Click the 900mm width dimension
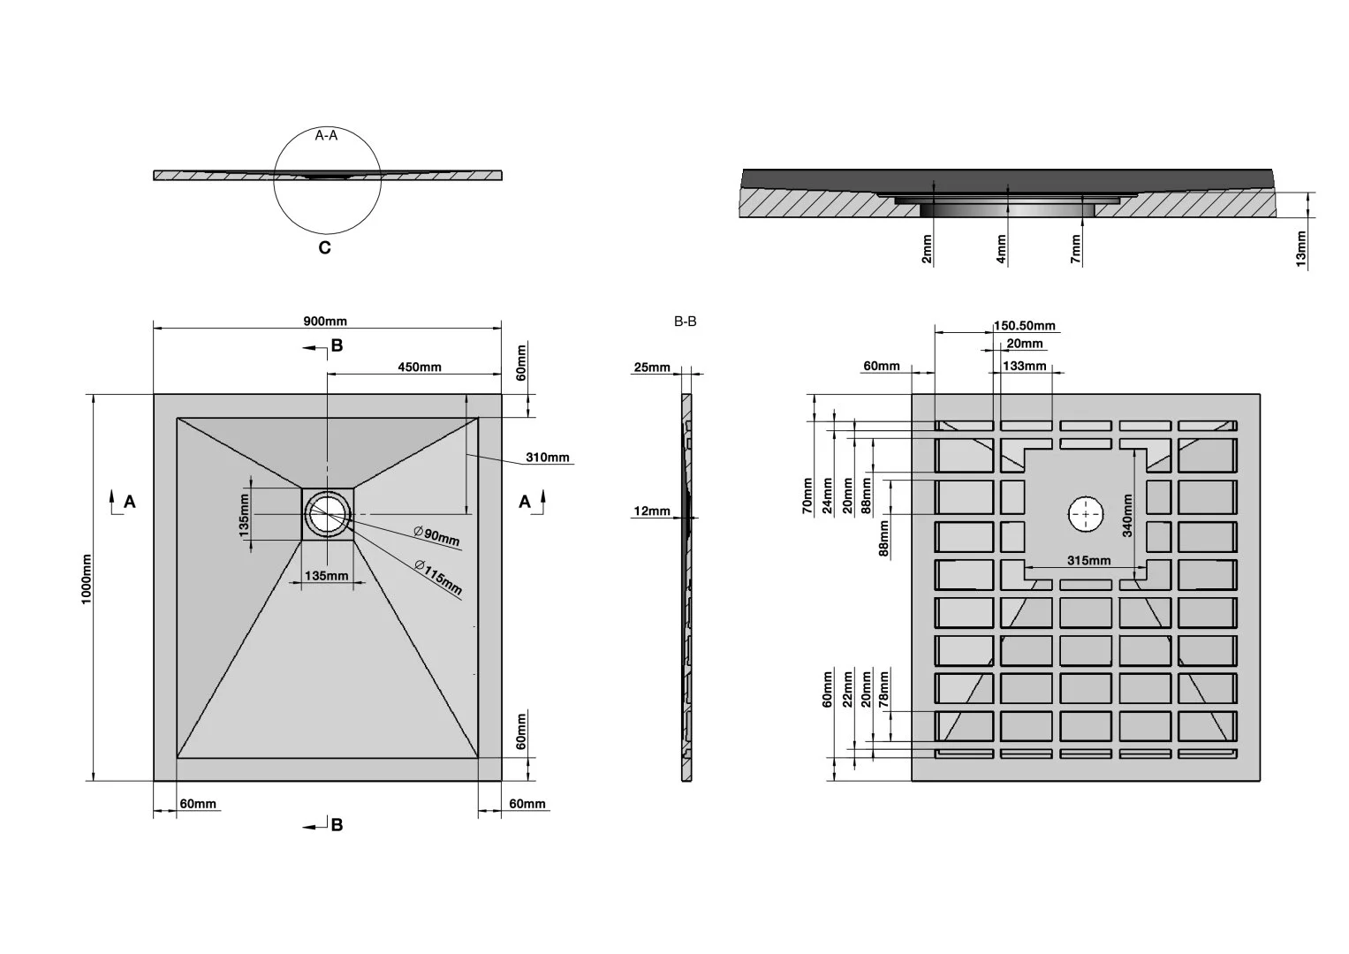[x=325, y=321]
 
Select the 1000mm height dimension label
[x=86, y=579]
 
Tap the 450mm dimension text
[x=419, y=367]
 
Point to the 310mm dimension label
[x=548, y=458]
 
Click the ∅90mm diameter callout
[x=436, y=535]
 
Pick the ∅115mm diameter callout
[x=439, y=577]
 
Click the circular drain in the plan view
[x=328, y=514]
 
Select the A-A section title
[x=326, y=135]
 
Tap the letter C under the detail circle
[x=324, y=248]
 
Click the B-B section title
[x=685, y=322]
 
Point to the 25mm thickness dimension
[x=652, y=367]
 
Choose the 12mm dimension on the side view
[x=652, y=511]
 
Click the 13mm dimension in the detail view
[x=1301, y=250]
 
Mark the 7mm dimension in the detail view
[x=1076, y=248]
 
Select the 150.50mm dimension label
[x=1025, y=325]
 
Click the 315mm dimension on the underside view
[x=1088, y=561]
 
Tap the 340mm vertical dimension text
[x=1128, y=516]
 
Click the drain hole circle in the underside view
[x=1086, y=514]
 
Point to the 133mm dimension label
[x=1025, y=365]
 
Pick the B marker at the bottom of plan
[x=336, y=825]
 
